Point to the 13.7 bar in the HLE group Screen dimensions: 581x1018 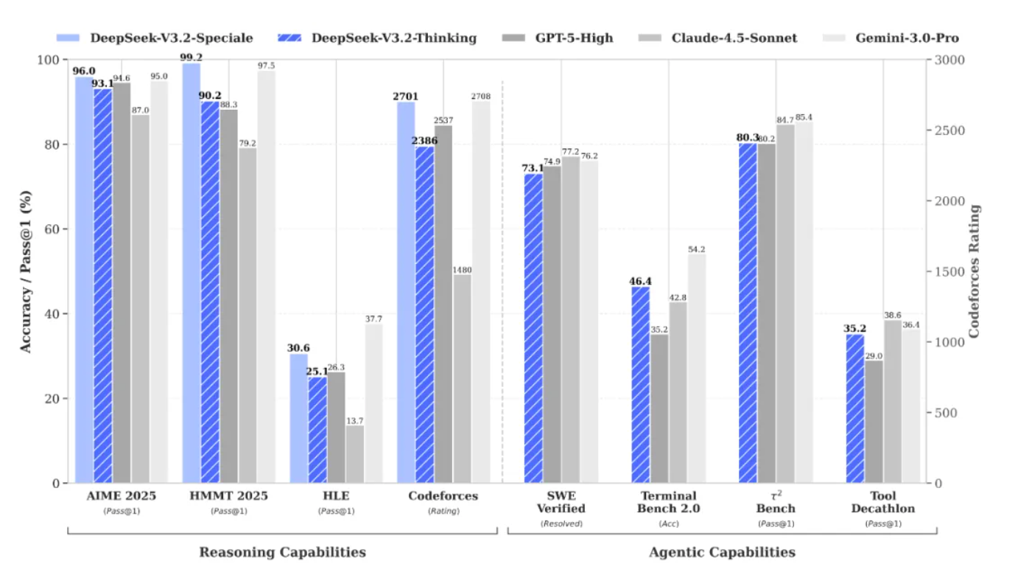[x=354, y=454]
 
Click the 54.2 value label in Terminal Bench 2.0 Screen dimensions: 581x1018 [x=695, y=249]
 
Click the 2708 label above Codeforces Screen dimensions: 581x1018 [x=481, y=96]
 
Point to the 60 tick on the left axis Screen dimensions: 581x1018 [x=52, y=229]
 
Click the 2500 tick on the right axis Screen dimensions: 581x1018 [x=947, y=131]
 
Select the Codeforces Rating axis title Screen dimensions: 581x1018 [x=975, y=271]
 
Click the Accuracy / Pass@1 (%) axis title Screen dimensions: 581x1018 [x=27, y=271]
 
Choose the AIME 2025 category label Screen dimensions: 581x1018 [x=121, y=496]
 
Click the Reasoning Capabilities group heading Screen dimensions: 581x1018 [x=282, y=552]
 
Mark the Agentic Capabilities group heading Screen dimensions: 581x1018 [x=722, y=552]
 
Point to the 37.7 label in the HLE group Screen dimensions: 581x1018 [x=373, y=319]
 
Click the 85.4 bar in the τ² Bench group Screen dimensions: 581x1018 [x=803, y=302]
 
